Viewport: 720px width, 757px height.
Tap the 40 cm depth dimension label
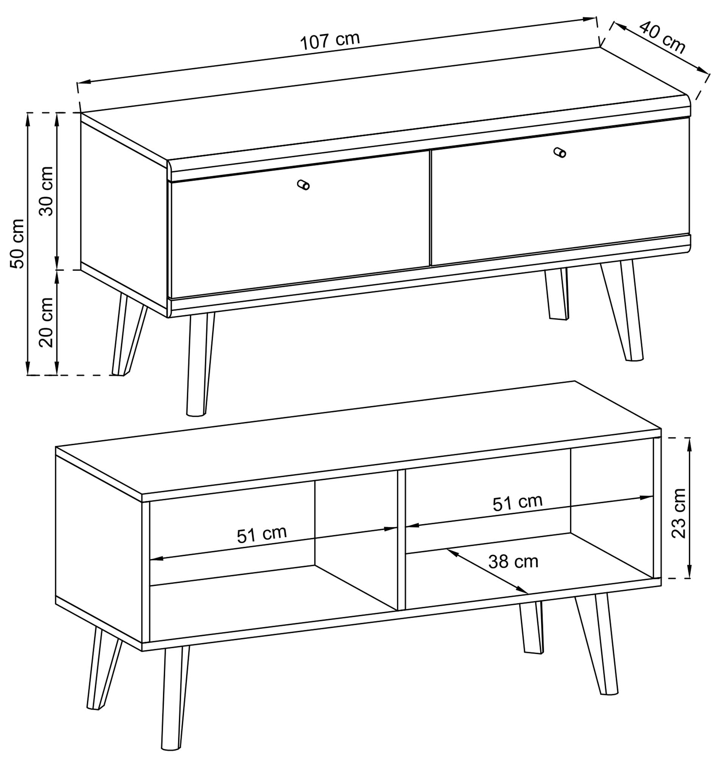pyautogui.click(x=662, y=37)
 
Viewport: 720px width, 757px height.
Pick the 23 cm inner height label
pyautogui.click(x=679, y=514)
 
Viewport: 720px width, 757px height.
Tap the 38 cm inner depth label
pyautogui.click(x=513, y=562)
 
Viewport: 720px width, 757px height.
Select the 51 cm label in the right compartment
pyautogui.click(x=518, y=503)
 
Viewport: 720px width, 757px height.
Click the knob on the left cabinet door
pyautogui.click(x=303, y=185)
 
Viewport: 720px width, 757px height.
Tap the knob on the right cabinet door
pyautogui.click(x=560, y=153)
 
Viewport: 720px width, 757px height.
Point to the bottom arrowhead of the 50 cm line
pyautogui.click(x=28, y=368)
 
